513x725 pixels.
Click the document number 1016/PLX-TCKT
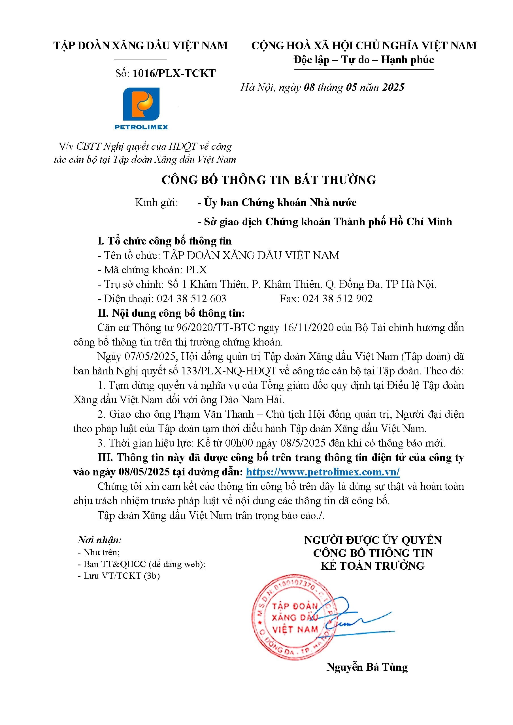(174, 73)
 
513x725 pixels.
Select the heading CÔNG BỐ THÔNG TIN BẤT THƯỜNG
(269, 180)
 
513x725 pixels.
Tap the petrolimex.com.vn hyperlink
(323, 472)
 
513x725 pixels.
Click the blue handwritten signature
(357, 621)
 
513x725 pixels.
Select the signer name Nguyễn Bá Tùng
(367, 667)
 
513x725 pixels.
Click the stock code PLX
(196, 270)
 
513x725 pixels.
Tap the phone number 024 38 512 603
(191, 299)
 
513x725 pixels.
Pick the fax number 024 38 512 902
(338, 299)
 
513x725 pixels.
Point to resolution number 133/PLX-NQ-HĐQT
(229, 371)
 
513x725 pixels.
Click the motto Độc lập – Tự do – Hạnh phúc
(363, 60)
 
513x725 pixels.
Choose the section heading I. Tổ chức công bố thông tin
(164, 241)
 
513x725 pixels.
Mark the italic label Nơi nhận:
(99, 540)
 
